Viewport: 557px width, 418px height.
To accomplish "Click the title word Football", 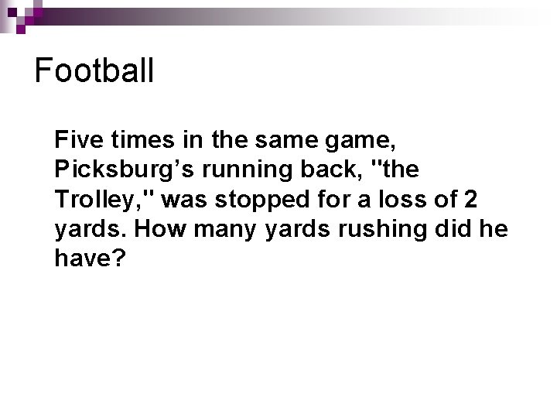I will (94, 70).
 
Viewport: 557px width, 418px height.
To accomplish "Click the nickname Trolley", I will (100, 200).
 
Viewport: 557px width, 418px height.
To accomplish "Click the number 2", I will (470, 199).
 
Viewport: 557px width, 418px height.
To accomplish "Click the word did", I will (460, 228).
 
